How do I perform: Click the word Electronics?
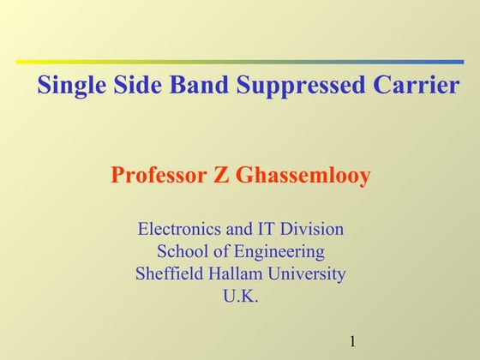pos(179,230)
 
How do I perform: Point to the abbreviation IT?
pos(266,230)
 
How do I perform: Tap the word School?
pos(181,252)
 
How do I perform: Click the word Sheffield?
pos(169,275)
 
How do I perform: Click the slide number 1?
pos(353,342)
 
